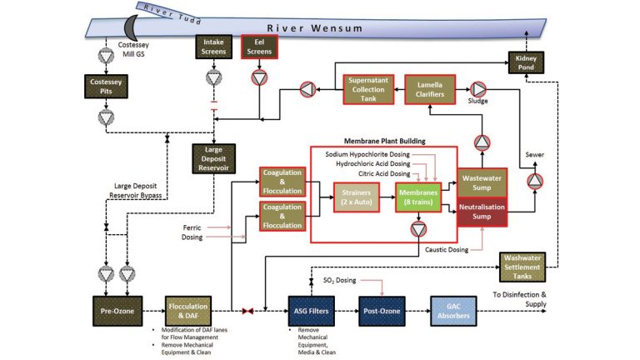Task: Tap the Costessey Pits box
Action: [x=107, y=87]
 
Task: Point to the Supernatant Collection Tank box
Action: [x=367, y=89]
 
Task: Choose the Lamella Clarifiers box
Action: [x=428, y=89]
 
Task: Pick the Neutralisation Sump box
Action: [x=482, y=213]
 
